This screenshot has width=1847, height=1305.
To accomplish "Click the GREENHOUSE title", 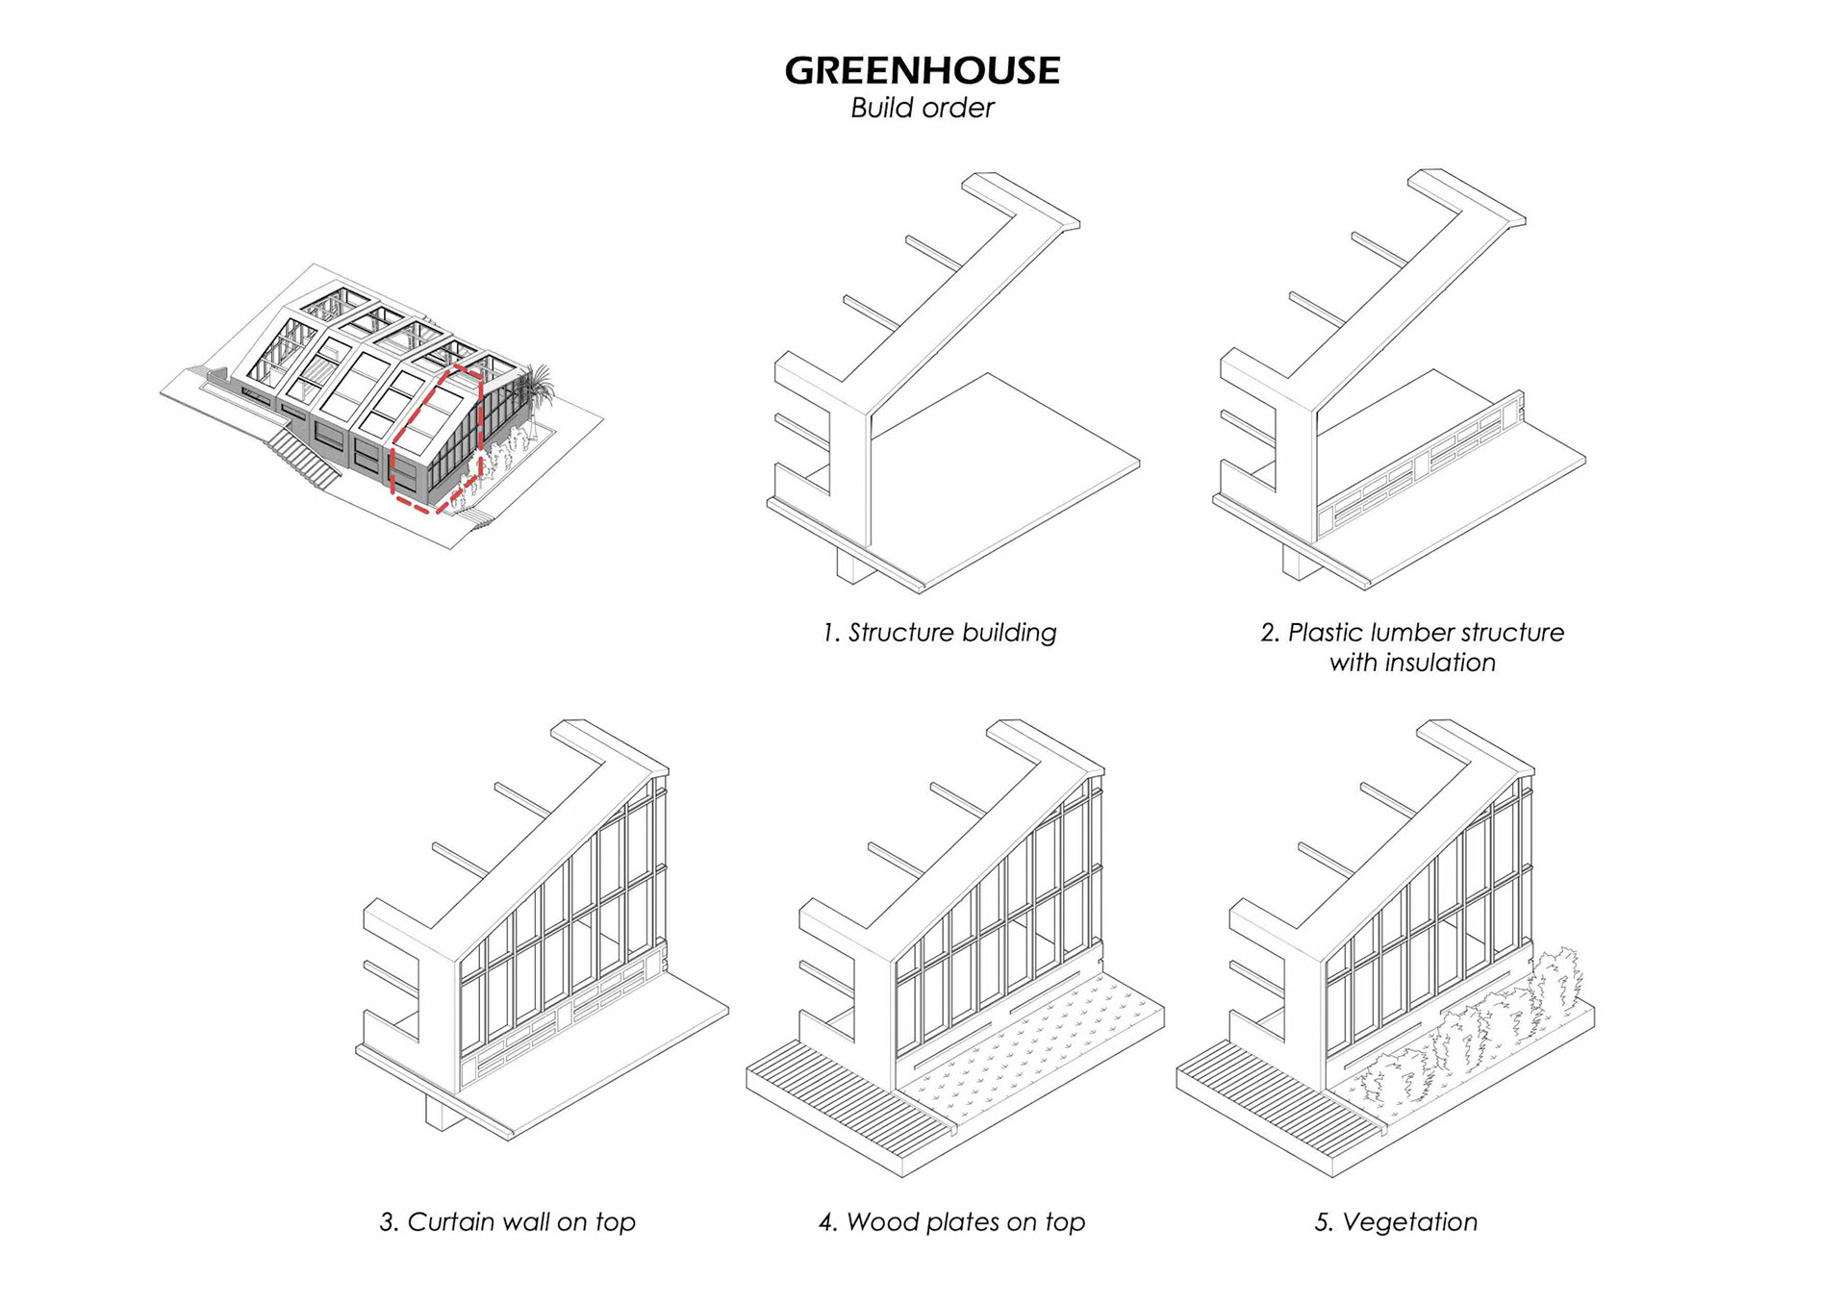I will click(922, 70).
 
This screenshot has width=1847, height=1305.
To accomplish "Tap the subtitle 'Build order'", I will click(922, 108).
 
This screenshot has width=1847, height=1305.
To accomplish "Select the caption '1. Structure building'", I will click(939, 633).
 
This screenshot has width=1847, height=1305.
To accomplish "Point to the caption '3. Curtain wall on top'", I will click(507, 1222).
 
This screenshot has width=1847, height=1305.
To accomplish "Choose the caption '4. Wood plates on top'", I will click(951, 1222).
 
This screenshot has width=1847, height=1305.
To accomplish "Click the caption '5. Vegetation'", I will click(1396, 1222).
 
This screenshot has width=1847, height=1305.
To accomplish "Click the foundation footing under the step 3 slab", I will click(442, 1111).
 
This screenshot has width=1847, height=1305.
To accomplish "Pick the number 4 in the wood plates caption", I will click(826, 1223).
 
